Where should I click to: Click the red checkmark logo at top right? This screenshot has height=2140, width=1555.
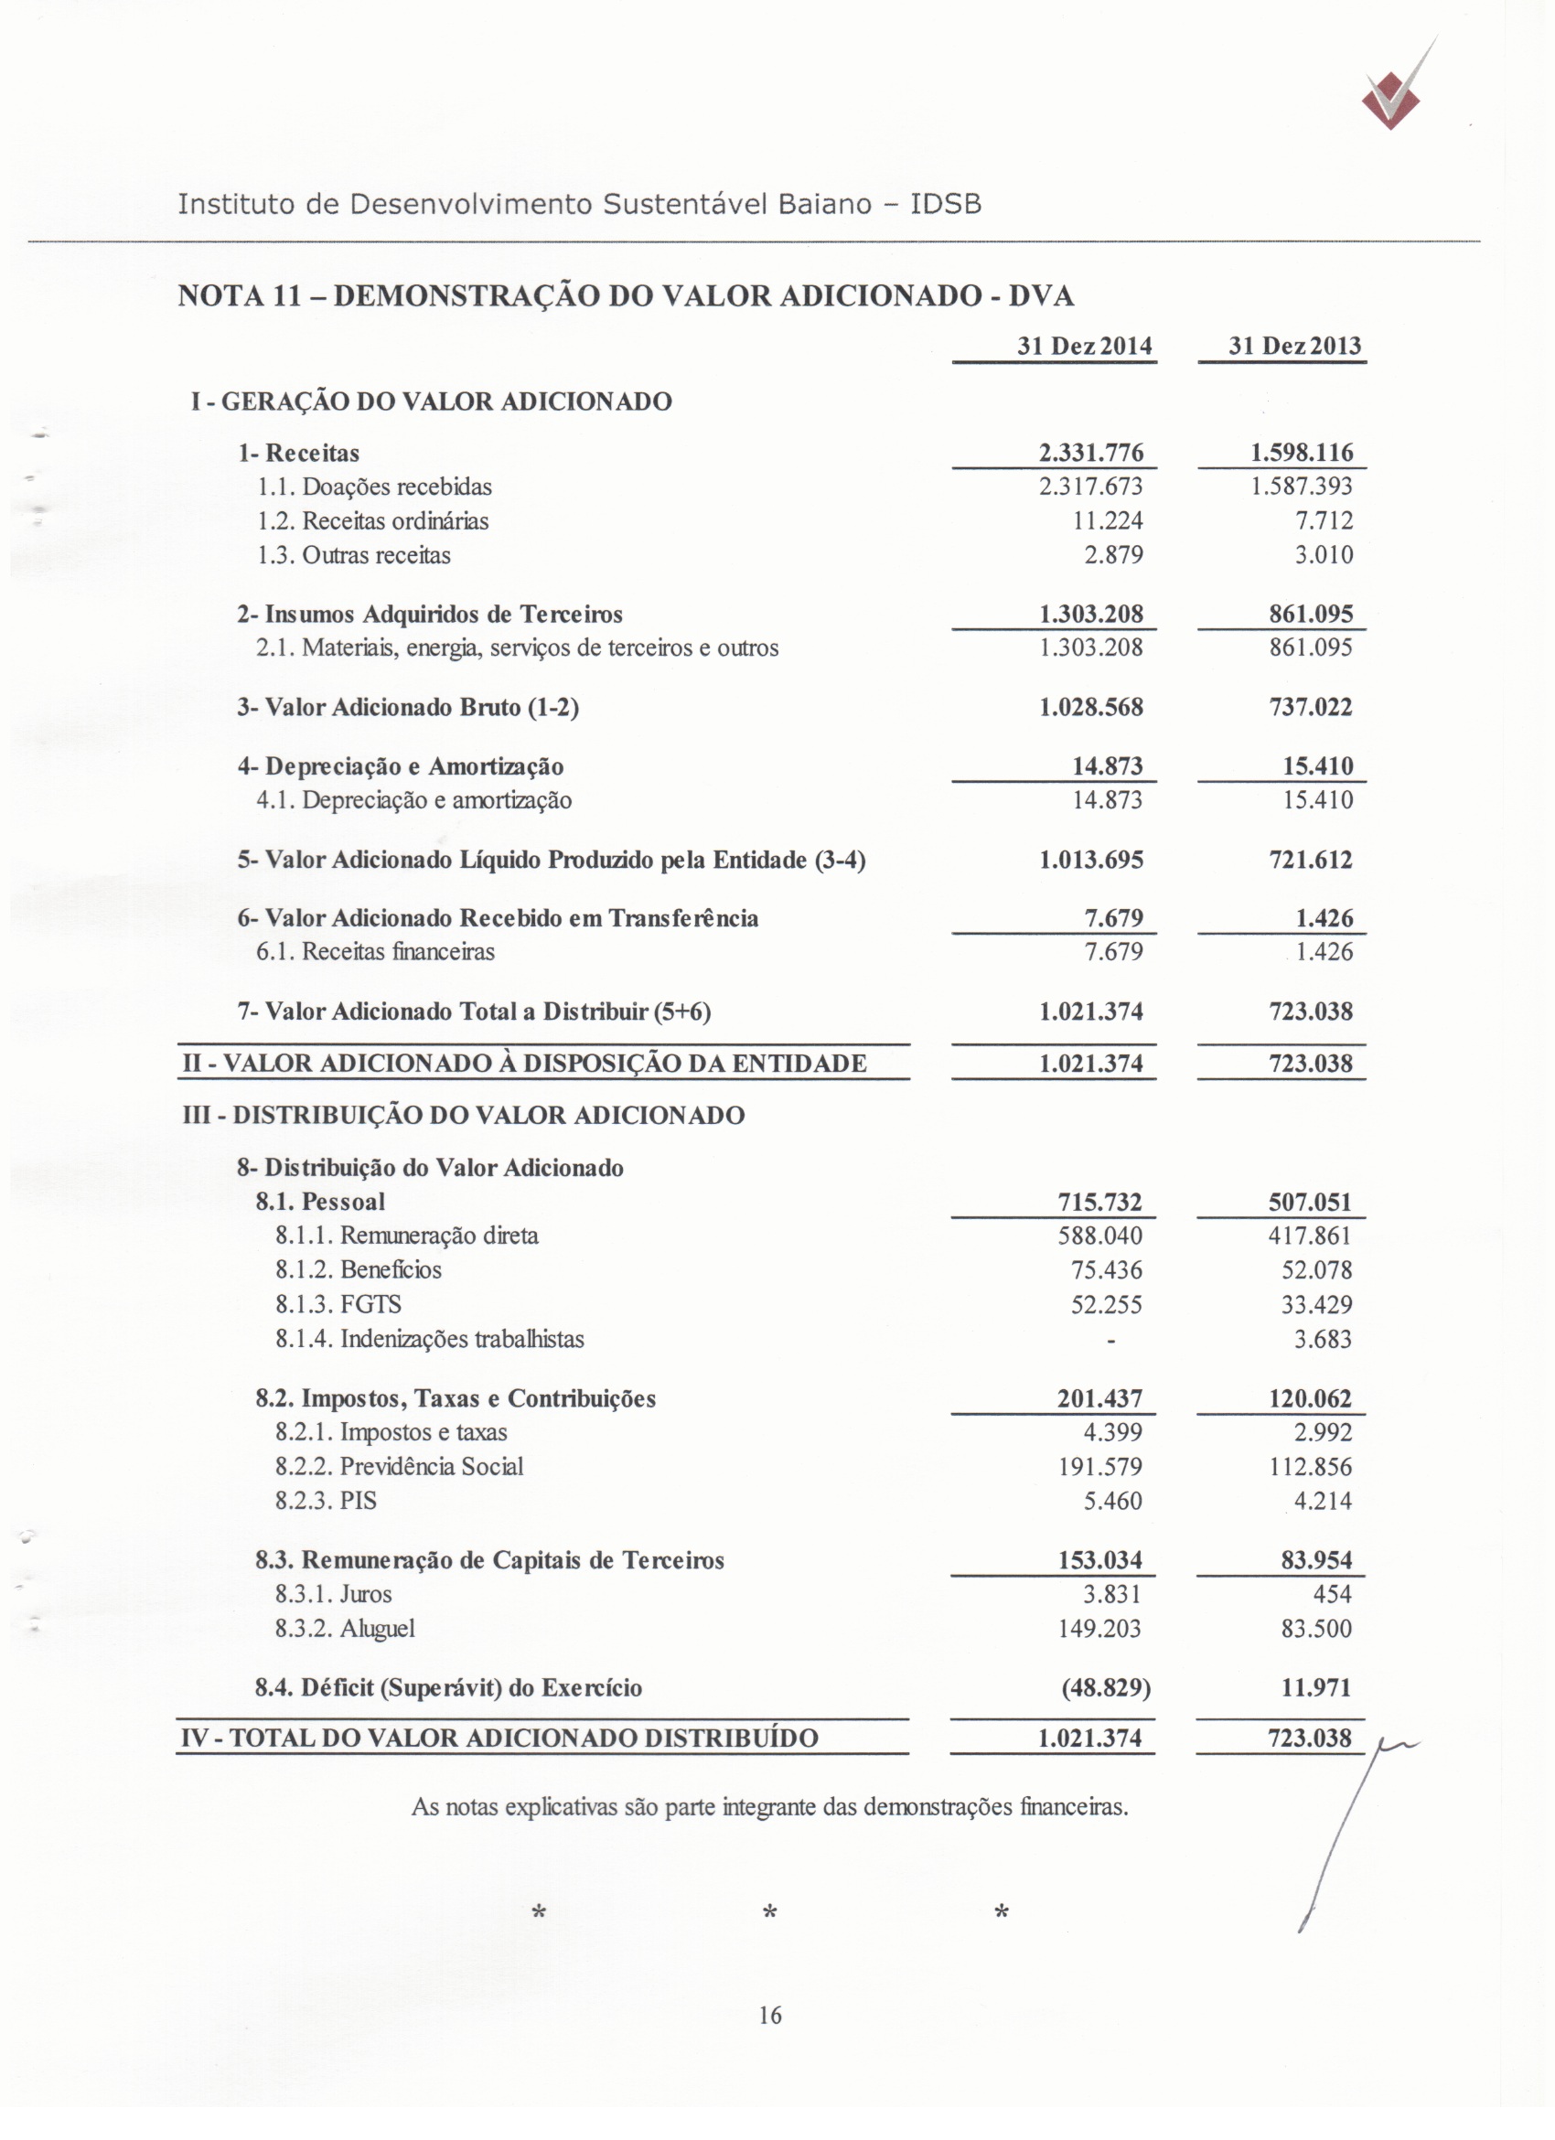coord(1392,102)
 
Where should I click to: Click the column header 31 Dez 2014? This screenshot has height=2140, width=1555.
coord(1084,347)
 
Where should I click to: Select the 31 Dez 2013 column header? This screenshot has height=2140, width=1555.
coord(1294,347)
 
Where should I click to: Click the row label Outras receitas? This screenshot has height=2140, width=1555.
coord(376,555)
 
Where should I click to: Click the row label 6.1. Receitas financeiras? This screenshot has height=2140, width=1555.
coord(376,952)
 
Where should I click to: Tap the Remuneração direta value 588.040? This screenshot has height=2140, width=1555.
coord(1099,1236)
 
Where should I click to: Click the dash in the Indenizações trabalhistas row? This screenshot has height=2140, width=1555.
coord(1110,1340)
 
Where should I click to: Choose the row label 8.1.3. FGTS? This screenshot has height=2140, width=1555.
coord(338,1305)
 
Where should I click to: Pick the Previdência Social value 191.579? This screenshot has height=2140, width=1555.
coord(1099,1467)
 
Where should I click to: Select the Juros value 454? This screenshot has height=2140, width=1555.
coord(1333,1595)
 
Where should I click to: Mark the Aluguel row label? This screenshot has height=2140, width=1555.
coord(346,1629)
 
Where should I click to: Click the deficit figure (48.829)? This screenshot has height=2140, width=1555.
coord(1106,1688)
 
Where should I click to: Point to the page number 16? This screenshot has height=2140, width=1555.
coord(770,2017)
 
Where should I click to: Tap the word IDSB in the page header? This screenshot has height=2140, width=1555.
coord(946,204)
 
